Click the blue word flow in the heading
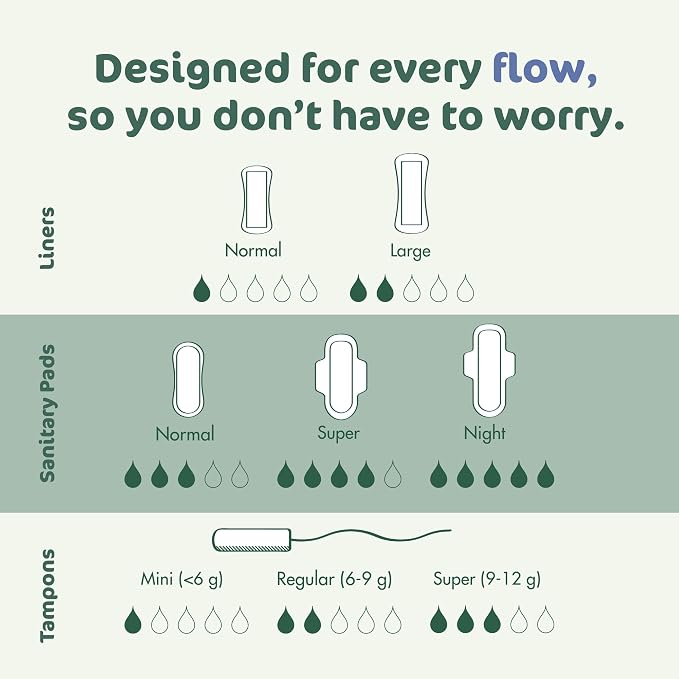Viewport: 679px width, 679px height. point(545,68)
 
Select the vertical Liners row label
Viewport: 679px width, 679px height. point(47,238)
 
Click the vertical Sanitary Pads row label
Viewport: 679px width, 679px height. point(47,413)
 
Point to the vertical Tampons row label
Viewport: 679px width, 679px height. point(47,595)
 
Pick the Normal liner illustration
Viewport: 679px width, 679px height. point(256,200)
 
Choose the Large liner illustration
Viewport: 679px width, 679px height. point(411,193)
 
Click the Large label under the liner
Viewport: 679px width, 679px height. point(411,251)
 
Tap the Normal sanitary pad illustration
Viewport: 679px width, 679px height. point(188,380)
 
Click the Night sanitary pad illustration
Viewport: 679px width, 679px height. point(489,371)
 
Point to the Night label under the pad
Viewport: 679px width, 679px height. point(485,433)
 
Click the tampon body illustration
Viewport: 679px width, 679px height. point(252,540)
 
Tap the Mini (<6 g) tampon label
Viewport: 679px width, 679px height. point(182,579)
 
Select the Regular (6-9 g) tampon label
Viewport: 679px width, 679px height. point(334,579)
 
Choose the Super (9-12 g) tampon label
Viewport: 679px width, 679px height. point(487,579)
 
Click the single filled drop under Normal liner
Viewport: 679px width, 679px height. point(202,288)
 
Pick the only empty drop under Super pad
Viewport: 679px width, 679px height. point(392,475)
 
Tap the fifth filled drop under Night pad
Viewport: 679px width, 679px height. point(546,475)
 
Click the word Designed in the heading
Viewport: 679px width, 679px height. point(192,69)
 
